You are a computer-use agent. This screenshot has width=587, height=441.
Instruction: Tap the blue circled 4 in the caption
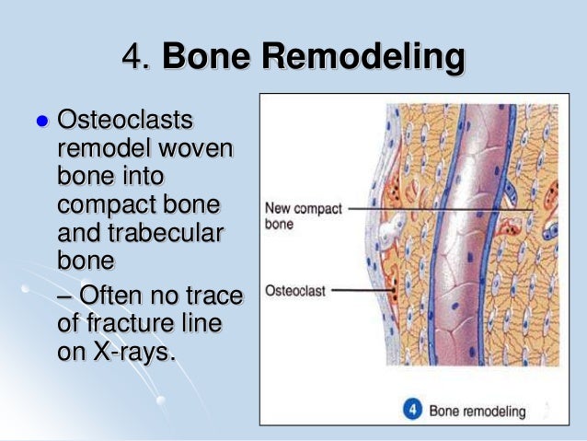pyautogui.click(x=415, y=410)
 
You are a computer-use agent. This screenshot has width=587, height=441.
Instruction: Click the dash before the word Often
pyautogui.click(x=66, y=296)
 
